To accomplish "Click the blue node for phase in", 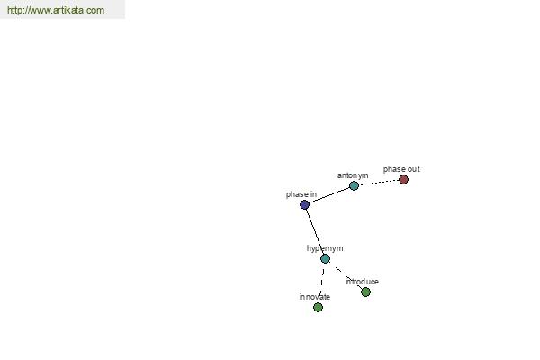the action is pos(304,205).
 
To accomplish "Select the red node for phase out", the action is pos(403,179).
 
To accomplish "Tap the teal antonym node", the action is pos(354,186).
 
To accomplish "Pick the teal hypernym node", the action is pos(325,258).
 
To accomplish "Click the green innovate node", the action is pos(318,307).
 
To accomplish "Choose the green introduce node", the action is pos(365,292).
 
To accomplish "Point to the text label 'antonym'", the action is pos(353,175).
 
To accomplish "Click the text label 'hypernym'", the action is pos(325,248).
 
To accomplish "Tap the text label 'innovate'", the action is pos(315,297).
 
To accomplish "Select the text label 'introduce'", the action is pos(362,282).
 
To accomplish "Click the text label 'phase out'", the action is pos(401,169).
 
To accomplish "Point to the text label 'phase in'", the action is pos(301,194).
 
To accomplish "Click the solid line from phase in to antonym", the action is pos(328,195).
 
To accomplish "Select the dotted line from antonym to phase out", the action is pos(379,183).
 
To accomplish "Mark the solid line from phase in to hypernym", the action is pos(315,232).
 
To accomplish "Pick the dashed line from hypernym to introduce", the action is pos(346,275).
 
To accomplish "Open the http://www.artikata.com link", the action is pos(56,10).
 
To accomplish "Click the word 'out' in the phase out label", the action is pos(413,169).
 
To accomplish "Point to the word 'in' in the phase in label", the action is pos(313,194).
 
